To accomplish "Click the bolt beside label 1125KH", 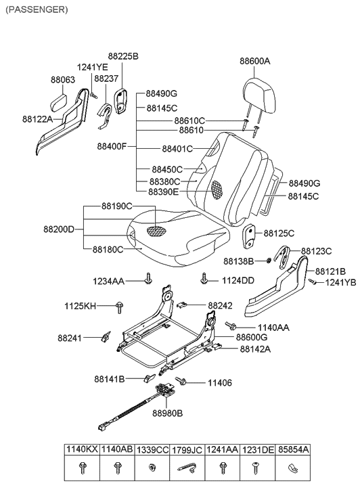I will (x=120, y=307).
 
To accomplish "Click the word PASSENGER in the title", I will (x=36, y=9).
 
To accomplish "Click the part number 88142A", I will (x=256, y=349).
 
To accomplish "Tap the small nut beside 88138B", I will (x=269, y=260).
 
